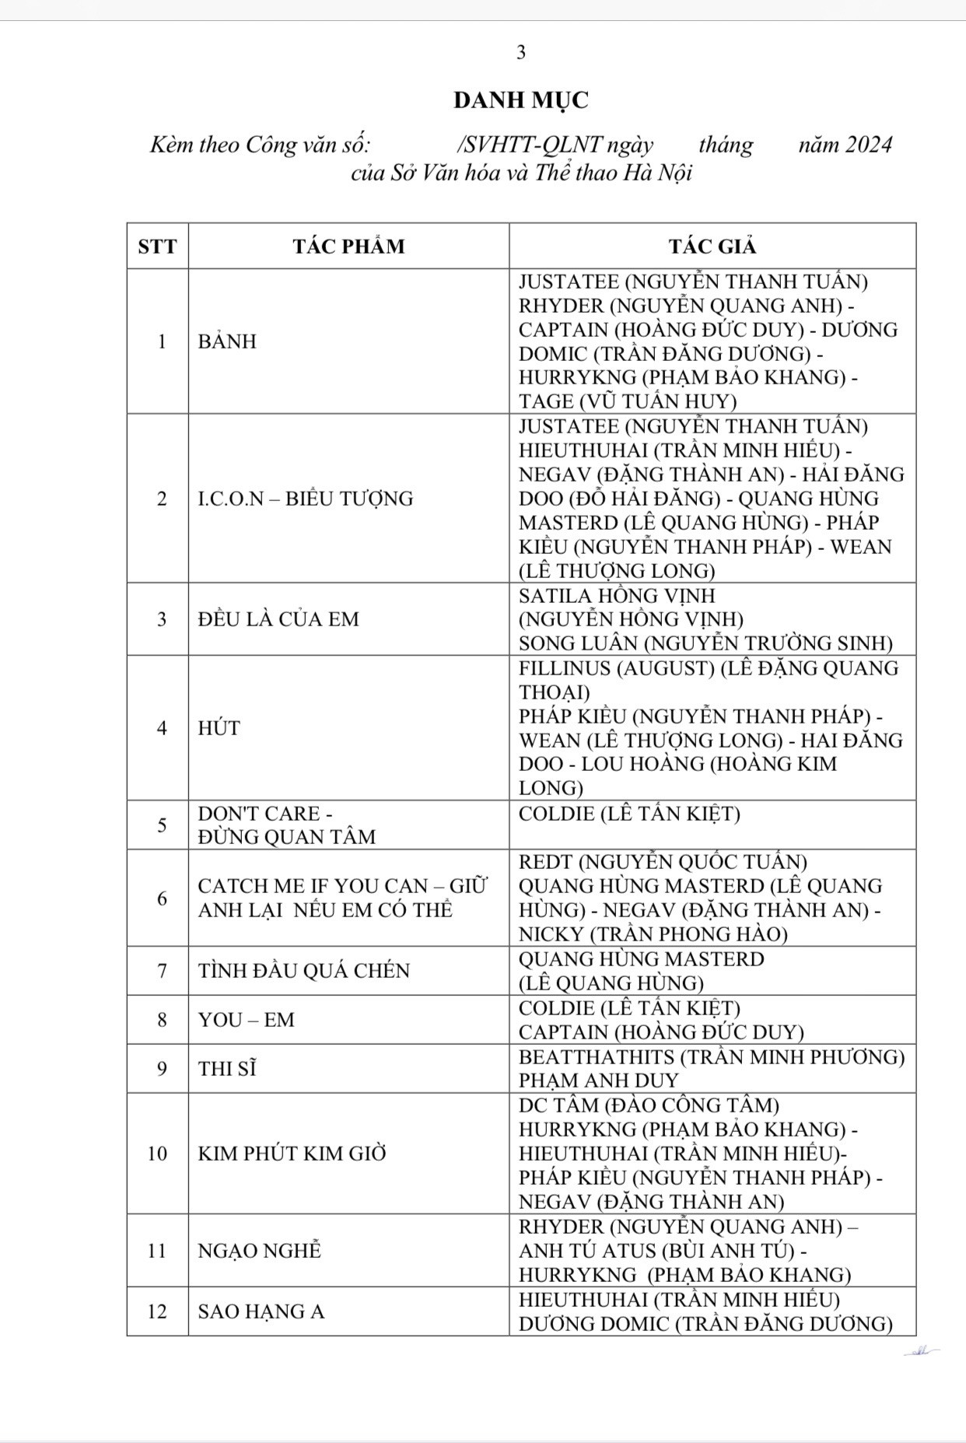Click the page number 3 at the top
(521, 52)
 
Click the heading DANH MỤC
(521, 100)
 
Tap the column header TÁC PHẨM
(348, 247)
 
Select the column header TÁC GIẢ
(712, 247)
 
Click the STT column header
(157, 247)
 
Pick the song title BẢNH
(227, 341)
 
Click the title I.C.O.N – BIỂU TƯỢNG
(306, 499)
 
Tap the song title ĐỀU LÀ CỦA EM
(278, 619)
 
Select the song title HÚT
(219, 728)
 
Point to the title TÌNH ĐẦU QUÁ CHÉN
(303, 971)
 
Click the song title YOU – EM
(247, 1020)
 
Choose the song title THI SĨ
(227, 1069)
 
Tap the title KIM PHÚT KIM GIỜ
(292, 1153)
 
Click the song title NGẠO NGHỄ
(260, 1251)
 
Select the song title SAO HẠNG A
(261, 1312)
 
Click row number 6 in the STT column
(162, 898)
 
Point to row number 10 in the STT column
(157, 1153)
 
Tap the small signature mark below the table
(921, 1352)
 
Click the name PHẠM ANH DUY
(599, 1080)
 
